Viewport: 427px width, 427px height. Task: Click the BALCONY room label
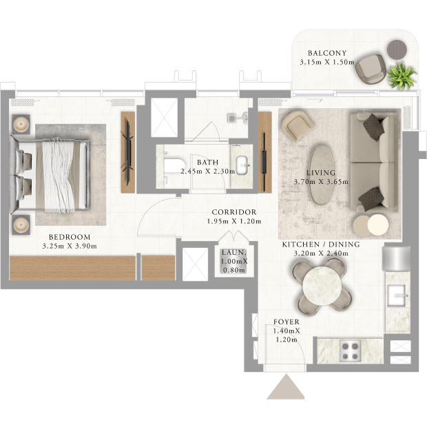327,53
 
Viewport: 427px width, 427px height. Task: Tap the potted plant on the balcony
402,76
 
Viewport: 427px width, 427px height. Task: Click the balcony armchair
371,69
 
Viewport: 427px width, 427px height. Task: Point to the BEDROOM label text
70,237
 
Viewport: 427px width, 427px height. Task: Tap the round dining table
322,286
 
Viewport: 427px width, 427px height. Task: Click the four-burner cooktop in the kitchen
350,351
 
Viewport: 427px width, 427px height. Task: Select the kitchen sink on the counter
397,295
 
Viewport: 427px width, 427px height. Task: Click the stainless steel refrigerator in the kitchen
396,259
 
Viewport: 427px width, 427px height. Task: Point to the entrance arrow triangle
286,386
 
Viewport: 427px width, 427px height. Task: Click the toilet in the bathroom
174,167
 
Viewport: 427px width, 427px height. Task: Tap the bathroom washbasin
242,165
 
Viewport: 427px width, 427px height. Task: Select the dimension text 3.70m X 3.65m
321,182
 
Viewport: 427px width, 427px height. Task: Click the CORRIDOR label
234,212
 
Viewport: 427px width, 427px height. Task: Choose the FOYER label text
287,322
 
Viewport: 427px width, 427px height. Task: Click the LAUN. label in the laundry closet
234,253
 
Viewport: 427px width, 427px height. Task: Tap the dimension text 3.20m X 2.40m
321,253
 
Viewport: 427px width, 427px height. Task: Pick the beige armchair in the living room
298,125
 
